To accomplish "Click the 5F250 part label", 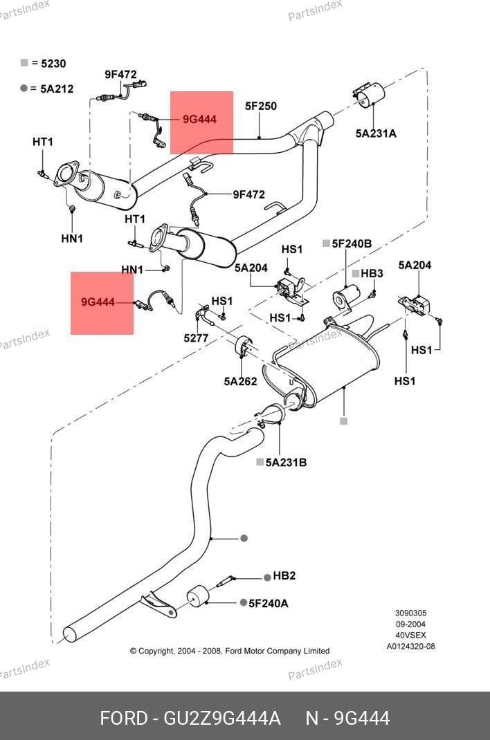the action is coord(261,107).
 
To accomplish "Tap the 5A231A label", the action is coord(376,133).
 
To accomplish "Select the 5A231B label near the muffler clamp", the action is coord(286,463).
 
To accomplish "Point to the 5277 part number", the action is coord(196,338).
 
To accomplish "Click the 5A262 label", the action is coord(240,381).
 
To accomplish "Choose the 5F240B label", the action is coord(352,243).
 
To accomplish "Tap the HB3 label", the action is coord(372,273).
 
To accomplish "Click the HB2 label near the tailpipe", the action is coord(284,576).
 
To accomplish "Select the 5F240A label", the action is coord(268,603).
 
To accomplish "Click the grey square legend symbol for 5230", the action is coord(24,63).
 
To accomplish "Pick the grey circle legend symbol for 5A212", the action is coord(24,89).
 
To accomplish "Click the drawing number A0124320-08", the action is coord(410,647).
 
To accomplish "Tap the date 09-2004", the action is coord(410,625).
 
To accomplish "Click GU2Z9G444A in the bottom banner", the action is coord(222,719).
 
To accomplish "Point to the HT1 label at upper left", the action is coord(42,142).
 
